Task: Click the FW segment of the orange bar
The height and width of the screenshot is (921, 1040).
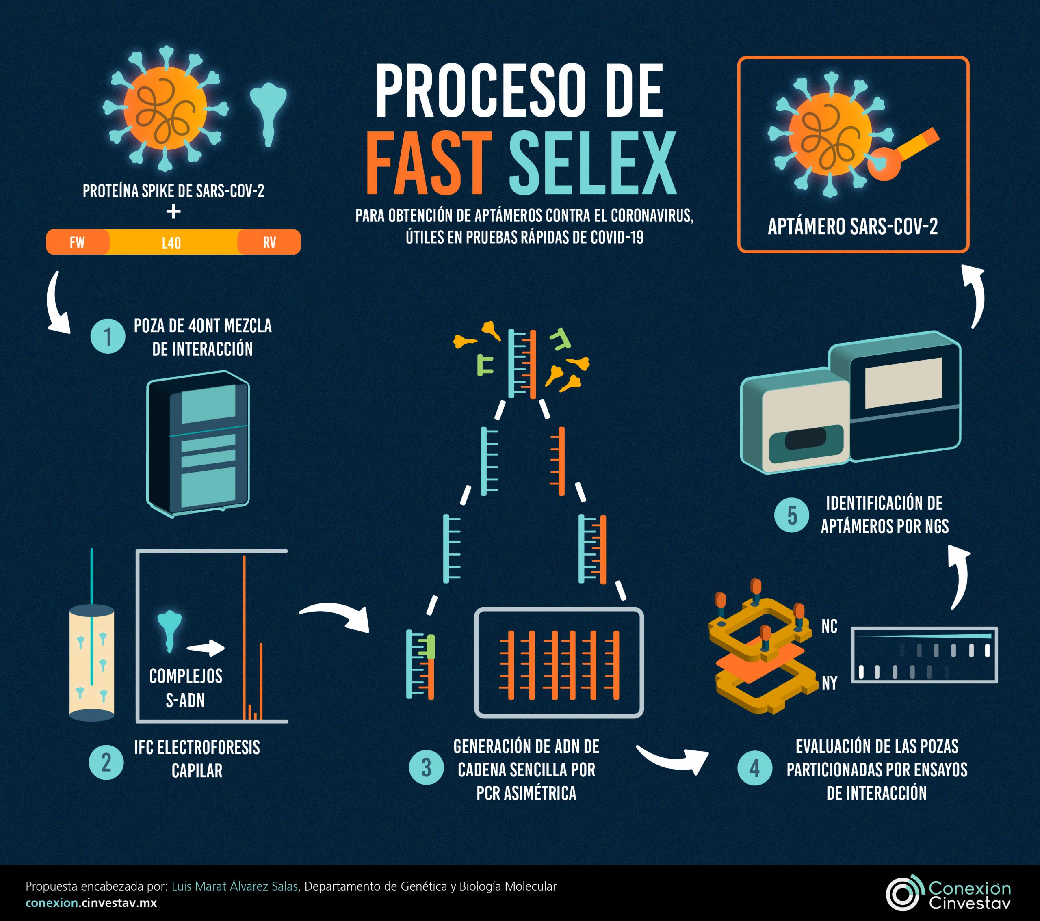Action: [x=77, y=242]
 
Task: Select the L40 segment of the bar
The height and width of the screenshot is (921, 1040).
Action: [x=171, y=242]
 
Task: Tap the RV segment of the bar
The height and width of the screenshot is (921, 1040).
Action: [x=269, y=242]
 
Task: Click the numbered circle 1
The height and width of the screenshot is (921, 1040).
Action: [x=108, y=336]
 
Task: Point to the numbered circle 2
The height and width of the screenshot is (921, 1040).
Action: [x=106, y=762]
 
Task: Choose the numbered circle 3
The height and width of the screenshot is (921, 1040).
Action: [x=427, y=767]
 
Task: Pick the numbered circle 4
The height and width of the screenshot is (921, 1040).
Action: [x=754, y=768]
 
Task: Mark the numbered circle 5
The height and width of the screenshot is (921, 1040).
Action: [x=792, y=515]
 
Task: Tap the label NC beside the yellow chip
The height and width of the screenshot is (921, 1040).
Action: [x=829, y=627]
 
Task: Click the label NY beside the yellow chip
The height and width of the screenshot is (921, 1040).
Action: [x=829, y=683]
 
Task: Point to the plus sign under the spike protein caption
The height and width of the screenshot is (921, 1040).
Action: [x=173, y=212]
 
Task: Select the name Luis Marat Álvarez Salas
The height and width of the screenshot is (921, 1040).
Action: [x=234, y=886]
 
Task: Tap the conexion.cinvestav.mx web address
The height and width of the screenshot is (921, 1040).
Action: [x=91, y=903]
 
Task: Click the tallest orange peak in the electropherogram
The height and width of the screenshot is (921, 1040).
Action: [x=244, y=636]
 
